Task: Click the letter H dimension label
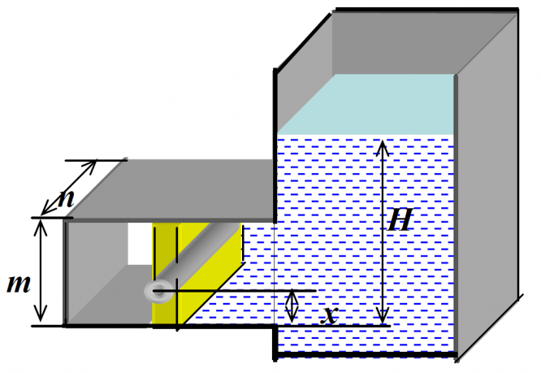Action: pyautogui.click(x=400, y=219)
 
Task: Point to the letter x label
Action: pyautogui.click(x=328, y=315)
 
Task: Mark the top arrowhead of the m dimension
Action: pyautogui.click(x=37, y=224)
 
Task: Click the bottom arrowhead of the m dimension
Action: pyautogui.click(x=37, y=319)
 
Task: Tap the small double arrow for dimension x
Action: pyautogui.click(x=293, y=306)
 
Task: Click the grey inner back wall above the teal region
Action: pyautogui.click(x=390, y=45)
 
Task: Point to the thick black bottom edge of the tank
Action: pyautogui.click(x=366, y=356)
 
